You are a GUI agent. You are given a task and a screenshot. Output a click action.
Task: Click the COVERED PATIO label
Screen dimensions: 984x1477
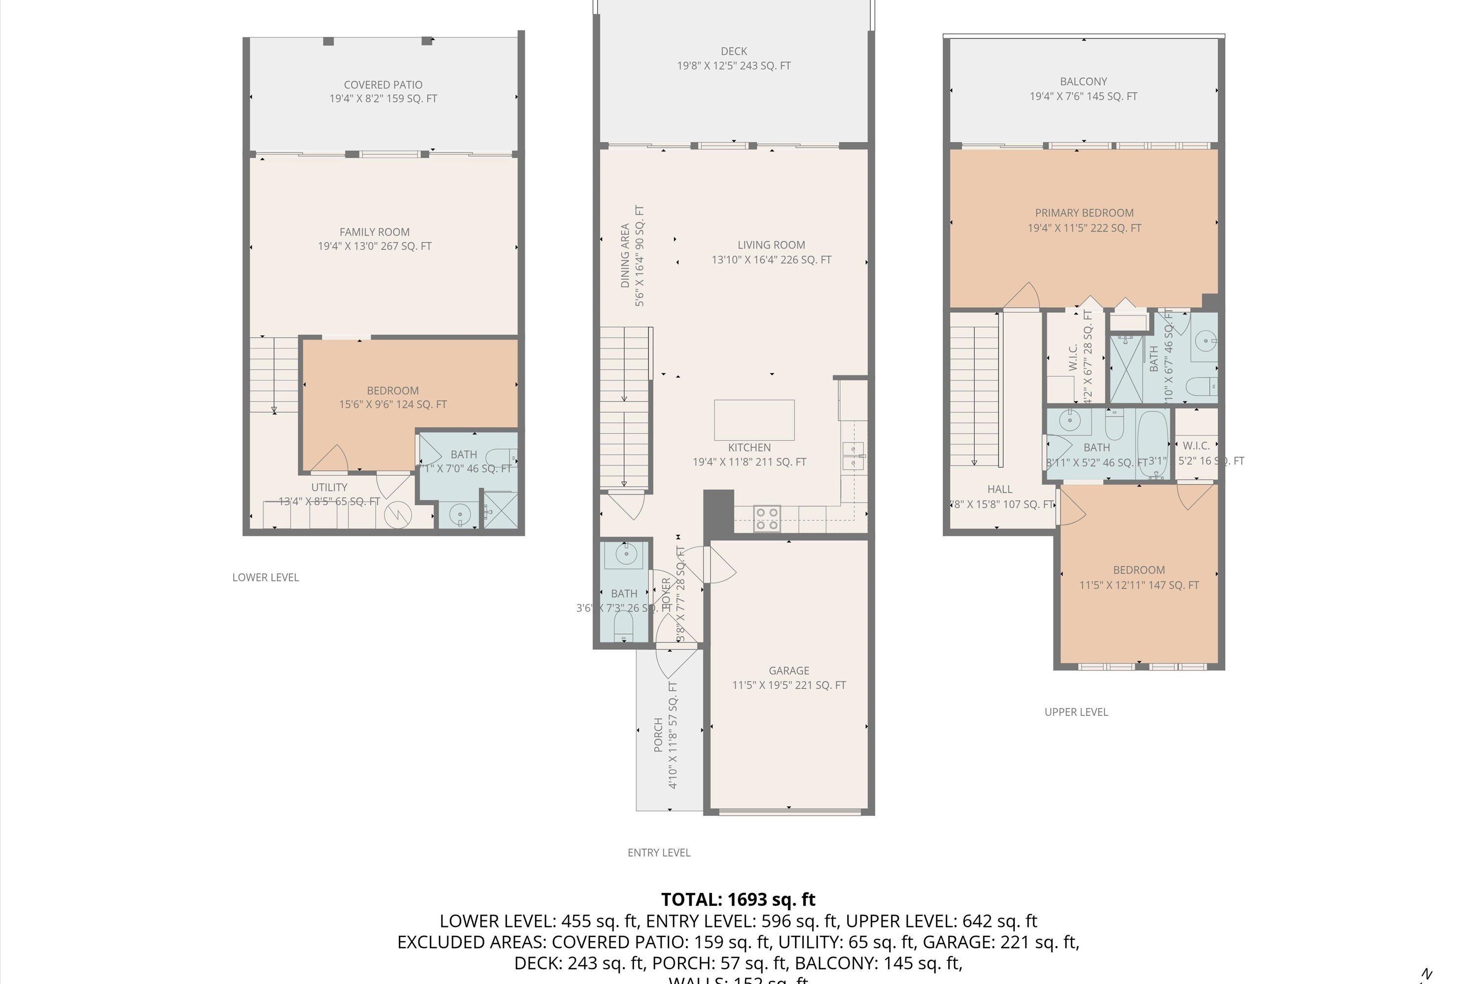point(383,85)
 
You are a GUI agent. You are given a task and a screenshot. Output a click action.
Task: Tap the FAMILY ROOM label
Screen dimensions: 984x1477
point(374,232)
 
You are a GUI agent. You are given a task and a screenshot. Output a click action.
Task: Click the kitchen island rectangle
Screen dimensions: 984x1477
point(754,420)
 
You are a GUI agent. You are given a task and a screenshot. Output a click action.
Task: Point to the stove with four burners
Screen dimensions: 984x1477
point(767,519)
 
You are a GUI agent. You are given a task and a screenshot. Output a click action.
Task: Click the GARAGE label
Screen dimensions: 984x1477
point(789,670)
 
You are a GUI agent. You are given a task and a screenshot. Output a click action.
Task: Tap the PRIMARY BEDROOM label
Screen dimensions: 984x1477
point(1084,213)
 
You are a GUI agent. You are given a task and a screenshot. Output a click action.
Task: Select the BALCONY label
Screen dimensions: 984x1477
point(1083,82)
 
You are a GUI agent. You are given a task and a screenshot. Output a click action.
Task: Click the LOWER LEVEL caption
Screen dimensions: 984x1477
point(266,577)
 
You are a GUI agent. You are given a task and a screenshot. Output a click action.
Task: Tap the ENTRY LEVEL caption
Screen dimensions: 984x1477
point(659,852)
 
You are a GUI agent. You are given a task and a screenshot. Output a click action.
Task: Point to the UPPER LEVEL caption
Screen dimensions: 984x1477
point(1076,711)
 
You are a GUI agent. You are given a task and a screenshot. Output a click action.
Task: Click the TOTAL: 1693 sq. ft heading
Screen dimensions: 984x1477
point(738,899)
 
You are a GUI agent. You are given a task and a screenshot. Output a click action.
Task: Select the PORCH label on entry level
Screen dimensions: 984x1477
point(659,734)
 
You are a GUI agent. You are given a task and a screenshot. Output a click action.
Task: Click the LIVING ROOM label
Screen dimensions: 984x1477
point(771,245)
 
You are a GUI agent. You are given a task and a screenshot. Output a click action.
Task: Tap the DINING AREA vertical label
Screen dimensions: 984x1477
point(625,255)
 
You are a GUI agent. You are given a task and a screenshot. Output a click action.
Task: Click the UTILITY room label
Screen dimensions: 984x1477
point(329,487)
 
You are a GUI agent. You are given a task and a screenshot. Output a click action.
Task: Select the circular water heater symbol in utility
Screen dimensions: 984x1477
point(397,515)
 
